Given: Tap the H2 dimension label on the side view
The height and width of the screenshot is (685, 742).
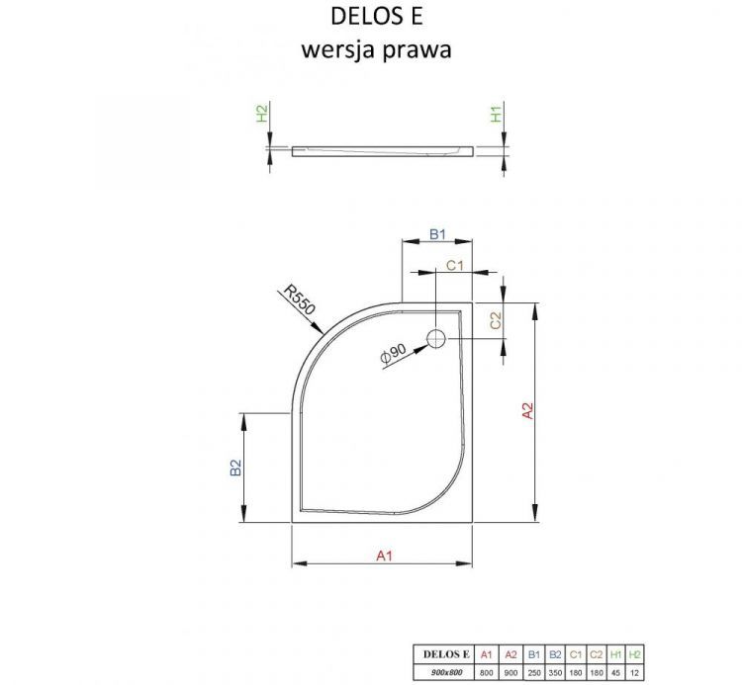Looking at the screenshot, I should click(x=262, y=115).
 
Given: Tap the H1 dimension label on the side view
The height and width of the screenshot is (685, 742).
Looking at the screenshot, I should click(x=497, y=115).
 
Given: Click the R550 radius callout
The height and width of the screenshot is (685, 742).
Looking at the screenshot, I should click(x=298, y=300).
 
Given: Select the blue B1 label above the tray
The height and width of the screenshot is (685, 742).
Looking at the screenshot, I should click(x=437, y=234).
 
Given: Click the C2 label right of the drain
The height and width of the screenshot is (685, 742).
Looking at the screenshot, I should click(x=497, y=320).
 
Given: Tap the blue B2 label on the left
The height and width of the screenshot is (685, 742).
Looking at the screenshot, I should click(x=235, y=468).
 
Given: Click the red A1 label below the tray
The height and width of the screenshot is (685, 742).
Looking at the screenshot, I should click(x=384, y=557).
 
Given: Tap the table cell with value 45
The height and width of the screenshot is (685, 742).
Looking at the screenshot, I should click(x=617, y=671).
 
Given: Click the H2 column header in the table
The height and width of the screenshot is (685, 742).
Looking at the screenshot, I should click(x=635, y=653).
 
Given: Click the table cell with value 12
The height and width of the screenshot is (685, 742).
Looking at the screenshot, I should click(x=635, y=671).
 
